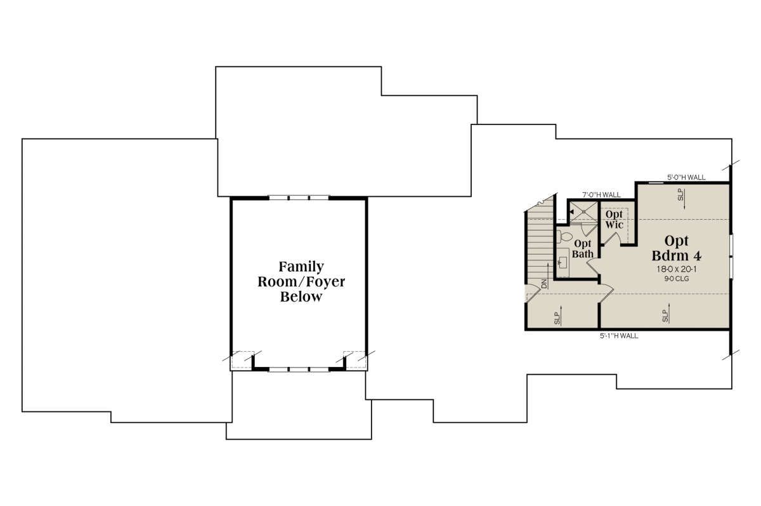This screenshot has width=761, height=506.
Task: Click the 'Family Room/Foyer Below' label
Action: click(x=301, y=281)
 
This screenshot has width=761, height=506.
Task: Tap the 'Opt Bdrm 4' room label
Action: click(x=676, y=248)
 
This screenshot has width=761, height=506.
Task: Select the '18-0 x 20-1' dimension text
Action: click(x=677, y=269)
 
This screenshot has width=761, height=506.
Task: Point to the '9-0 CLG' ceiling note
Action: click(x=677, y=279)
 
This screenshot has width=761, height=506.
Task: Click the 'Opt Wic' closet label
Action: click(x=614, y=219)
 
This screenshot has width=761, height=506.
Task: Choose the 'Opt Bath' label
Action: click(x=583, y=249)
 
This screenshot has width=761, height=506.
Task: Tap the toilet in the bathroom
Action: click(x=564, y=236)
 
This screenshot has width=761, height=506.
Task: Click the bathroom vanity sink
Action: click(x=563, y=262)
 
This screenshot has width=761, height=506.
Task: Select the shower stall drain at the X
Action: click(x=583, y=211)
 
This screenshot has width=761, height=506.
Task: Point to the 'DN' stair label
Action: click(x=544, y=284)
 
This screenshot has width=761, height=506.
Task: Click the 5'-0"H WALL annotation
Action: click(x=686, y=177)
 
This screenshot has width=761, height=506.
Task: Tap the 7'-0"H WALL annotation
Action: click(x=601, y=195)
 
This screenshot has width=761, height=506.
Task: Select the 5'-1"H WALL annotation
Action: click(x=619, y=336)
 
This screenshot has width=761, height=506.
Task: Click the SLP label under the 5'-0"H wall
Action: click(x=680, y=194)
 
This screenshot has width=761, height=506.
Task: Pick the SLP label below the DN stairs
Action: click(x=557, y=318)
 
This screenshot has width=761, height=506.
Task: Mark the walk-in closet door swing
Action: click(x=611, y=238)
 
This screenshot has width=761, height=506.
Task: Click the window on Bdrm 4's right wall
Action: click(x=731, y=256)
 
